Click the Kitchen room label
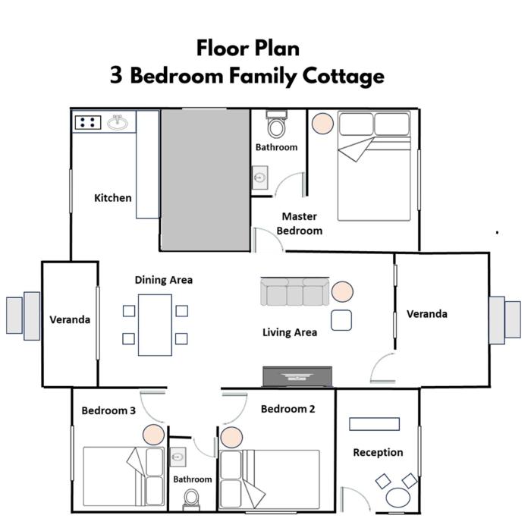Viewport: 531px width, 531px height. pos(113,198)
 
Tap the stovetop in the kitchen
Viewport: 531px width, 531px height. pos(88,122)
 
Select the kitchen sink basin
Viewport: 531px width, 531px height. pos(118,122)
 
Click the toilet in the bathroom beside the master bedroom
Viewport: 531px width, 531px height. pos(276,124)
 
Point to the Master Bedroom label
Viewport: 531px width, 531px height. pos(300,224)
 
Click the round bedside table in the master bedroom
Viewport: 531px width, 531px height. pos(322,123)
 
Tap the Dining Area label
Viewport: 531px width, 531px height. pos(164,280)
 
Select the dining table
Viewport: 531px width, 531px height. pos(155,325)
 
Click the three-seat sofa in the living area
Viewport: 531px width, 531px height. pos(294,292)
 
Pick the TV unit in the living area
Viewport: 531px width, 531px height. pos(297,376)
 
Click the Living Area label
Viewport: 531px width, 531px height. pos(290,332)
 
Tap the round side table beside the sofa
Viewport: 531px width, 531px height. pos(342,291)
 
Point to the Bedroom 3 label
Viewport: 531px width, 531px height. pos(108,411)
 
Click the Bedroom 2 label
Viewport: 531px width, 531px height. pos(287,409)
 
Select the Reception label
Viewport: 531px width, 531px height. pos(378,452)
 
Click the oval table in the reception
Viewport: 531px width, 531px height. pos(398,498)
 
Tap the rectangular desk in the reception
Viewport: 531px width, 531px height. pos(374,424)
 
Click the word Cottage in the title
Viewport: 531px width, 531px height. pos(344,76)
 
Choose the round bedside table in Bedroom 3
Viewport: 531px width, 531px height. pos(153,435)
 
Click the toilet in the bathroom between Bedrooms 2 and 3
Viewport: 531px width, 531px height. pos(191,500)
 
